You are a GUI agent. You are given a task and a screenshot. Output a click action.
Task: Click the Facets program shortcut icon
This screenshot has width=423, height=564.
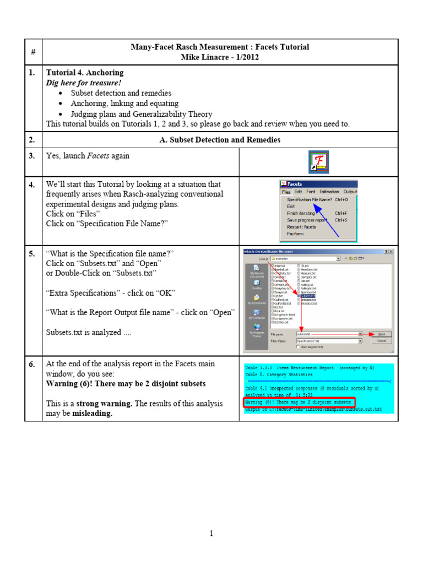point(318,161)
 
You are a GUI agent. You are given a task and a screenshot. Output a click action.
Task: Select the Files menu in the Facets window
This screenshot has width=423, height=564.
point(286,192)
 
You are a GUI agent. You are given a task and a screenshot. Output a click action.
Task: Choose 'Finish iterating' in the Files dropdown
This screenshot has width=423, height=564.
point(301,213)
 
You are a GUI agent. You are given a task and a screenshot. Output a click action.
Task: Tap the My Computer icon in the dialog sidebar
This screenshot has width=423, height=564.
point(257,314)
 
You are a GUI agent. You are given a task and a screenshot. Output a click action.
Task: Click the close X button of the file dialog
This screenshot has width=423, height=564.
point(390,252)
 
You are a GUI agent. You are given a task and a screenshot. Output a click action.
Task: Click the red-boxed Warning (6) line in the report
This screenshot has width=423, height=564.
point(297,402)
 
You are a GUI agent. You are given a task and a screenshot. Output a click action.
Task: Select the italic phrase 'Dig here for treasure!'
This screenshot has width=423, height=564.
point(84,83)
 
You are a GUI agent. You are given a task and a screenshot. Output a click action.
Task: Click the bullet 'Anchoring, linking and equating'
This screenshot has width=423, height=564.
point(124,103)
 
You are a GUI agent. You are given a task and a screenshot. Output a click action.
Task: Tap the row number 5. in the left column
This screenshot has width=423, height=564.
point(32,253)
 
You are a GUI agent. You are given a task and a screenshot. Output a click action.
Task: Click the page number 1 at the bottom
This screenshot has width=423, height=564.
point(211,533)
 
